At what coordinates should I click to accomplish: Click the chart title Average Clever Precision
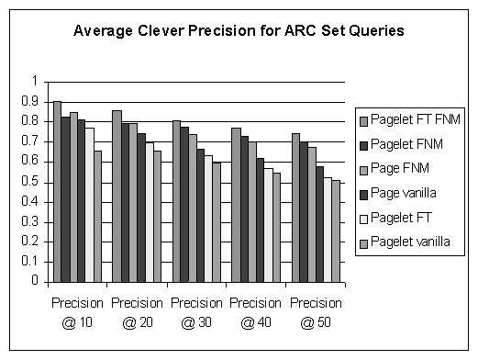(x=239, y=32)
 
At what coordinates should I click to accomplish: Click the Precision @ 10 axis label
(x=76, y=312)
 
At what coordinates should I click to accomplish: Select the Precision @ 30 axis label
(x=195, y=312)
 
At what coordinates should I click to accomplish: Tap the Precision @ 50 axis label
(x=315, y=312)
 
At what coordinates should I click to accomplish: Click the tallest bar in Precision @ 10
(x=57, y=192)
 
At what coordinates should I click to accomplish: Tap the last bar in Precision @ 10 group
(x=98, y=217)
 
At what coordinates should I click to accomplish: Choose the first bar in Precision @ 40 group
(x=236, y=206)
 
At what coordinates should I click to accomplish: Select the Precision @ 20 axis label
(x=136, y=312)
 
